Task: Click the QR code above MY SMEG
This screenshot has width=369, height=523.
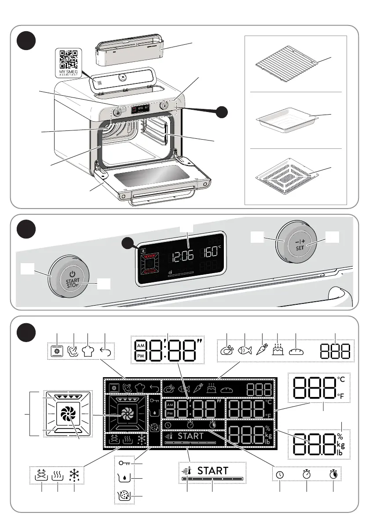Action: point(69,58)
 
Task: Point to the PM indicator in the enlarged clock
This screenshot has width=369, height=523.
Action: point(140,357)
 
